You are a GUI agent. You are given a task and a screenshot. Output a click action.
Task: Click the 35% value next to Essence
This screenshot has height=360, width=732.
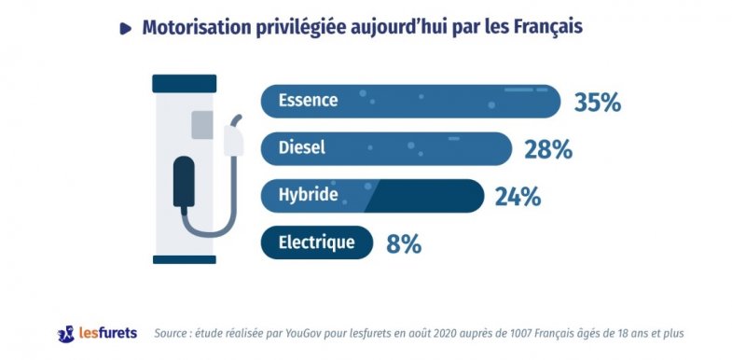[x=597, y=103]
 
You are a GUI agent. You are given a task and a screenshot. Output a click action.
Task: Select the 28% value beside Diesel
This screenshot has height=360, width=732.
[x=547, y=149]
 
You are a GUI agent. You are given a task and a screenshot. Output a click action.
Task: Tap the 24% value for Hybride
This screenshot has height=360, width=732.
[x=518, y=197]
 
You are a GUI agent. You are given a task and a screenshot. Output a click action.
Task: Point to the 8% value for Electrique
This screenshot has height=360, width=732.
[x=404, y=244]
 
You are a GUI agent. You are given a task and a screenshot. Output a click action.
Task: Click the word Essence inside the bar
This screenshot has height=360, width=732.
[x=308, y=101]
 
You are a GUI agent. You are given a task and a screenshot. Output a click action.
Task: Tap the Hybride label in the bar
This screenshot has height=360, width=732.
[x=307, y=196]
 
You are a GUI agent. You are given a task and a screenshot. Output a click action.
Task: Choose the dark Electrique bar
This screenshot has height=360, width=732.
[x=316, y=243]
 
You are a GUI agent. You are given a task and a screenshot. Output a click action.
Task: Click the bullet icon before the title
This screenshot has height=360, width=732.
[x=126, y=29]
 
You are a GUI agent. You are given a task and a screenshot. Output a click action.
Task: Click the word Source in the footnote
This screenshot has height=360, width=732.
[x=174, y=333]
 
